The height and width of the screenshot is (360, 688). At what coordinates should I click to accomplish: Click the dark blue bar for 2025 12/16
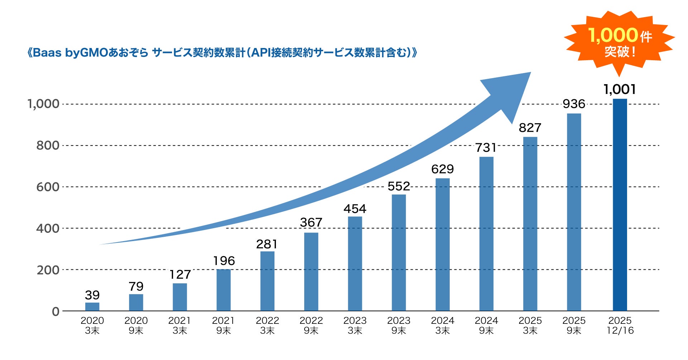tap(620, 205)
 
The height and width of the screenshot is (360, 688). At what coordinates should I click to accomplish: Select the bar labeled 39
tap(92, 307)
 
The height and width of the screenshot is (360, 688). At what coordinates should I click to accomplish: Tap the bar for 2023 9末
tap(398, 253)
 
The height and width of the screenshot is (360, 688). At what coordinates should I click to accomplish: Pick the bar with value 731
tap(486, 234)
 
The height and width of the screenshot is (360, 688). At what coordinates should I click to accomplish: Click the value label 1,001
tap(620, 89)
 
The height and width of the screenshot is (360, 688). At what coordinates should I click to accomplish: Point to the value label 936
tap(574, 104)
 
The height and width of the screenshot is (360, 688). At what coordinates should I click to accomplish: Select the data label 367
tap(311, 222)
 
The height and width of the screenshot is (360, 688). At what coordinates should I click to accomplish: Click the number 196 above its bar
tap(224, 261)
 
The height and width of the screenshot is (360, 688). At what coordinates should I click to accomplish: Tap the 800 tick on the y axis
tap(48, 145)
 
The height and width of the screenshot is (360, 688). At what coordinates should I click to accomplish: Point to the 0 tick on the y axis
tap(56, 312)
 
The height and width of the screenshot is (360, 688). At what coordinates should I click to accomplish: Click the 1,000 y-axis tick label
tap(43, 104)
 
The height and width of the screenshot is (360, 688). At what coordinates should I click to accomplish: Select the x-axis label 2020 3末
tap(92, 325)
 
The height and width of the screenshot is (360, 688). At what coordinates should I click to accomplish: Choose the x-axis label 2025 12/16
tap(620, 325)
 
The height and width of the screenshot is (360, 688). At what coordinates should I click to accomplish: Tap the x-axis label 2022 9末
tap(311, 325)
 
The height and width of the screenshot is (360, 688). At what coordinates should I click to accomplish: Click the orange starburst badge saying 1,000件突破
tap(620, 42)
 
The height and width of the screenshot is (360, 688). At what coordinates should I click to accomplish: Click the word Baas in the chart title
tap(47, 53)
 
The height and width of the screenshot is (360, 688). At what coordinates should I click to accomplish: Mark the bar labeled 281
tap(267, 281)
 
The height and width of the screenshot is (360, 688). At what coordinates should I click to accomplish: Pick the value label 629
tap(443, 169)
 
